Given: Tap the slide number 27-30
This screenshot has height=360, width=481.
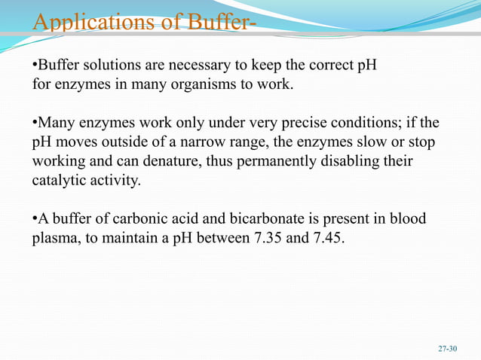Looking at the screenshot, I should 448,349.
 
